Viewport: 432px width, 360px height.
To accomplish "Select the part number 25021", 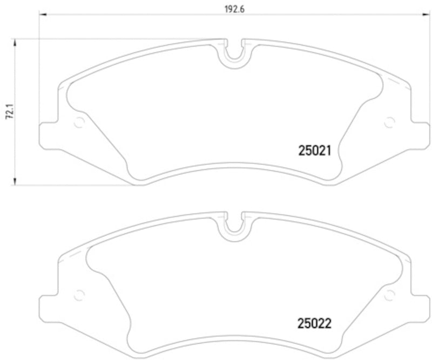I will pyautogui.click(x=318, y=152).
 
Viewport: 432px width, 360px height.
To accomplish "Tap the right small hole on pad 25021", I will pyautogui.click(x=388, y=123).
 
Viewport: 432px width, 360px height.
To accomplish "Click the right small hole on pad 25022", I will pyautogui.click(x=388, y=294).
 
